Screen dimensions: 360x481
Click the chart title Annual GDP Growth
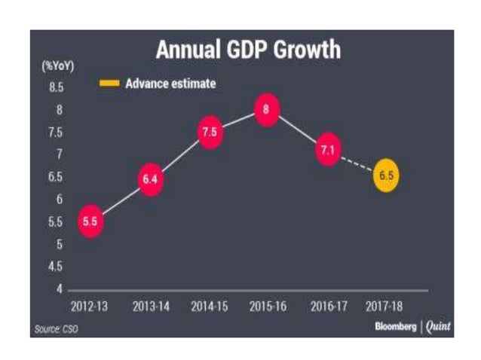click(247, 50)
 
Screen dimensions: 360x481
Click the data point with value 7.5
click(210, 132)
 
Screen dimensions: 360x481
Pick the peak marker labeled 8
click(266, 109)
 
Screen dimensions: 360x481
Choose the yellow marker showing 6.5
click(386, 177)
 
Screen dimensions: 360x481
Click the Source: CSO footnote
click(56, 328)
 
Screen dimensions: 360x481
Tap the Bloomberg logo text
click(395, 327)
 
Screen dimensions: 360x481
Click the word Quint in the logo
click(437, 327)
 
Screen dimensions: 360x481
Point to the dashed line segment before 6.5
click(357, 164)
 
